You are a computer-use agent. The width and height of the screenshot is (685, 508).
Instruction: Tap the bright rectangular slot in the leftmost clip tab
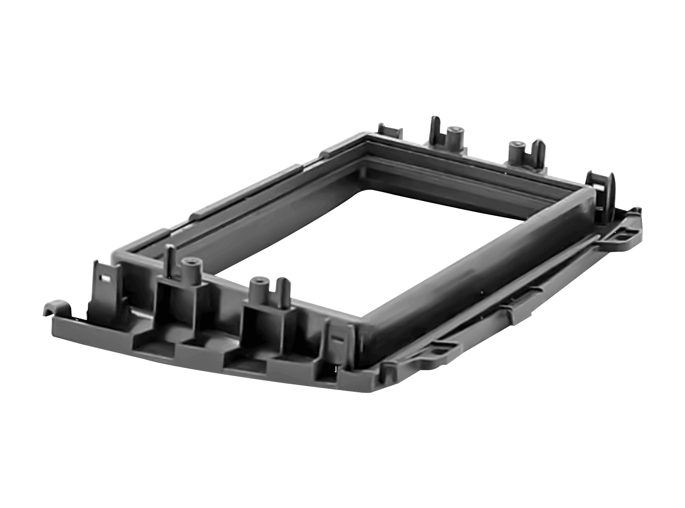pyautogui.click(x=105, y=278)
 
